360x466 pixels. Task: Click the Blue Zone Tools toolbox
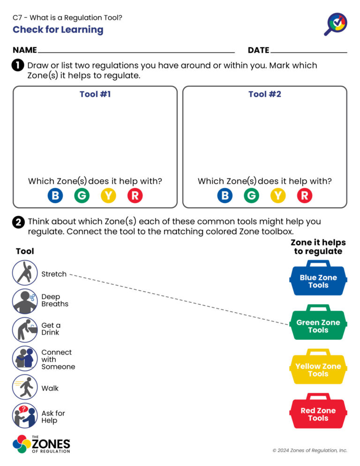[x=318, y=279]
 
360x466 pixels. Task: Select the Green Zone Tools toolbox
[x=318, y=324]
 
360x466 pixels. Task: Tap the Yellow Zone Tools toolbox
[x=318, y=368]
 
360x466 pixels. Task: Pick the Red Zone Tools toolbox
[x=318, y=413]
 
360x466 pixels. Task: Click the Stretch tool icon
[x=25, y=273]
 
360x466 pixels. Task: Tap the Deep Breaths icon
[x=25, y=301]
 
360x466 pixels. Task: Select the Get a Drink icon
[x=25, y=330]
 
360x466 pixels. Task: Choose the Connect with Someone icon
[x=25, y=359]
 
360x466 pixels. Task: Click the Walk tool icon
[x=25, y=387]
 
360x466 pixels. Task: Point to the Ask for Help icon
[x=25, y=416]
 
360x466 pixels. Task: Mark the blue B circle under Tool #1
[x=55, y=195]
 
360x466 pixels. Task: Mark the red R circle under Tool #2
[x=304, y=195]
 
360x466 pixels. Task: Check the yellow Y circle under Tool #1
[x=108, y=195]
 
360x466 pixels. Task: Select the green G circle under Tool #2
[x=251, y=195]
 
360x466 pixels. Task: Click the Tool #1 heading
[x=95, y=94]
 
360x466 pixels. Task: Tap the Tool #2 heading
[x=265, y=94]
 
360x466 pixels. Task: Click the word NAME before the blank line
[x=25, y=50]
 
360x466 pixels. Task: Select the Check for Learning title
[x=58, y=30]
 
